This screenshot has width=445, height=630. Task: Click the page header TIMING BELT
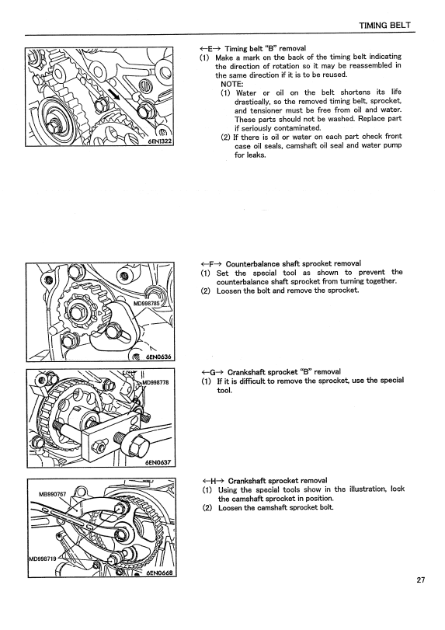pos(384,26)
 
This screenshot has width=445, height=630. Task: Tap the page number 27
pos(420,580)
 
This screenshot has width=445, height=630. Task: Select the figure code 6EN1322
pos(159,141)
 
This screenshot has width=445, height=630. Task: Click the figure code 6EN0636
pos(158,357)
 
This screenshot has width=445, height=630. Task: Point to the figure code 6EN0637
pos(158,462)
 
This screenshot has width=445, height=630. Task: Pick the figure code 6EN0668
pos(159,573)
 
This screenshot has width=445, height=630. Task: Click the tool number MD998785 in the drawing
pos(147,304)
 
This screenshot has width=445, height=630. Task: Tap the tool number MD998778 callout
pos(155,382)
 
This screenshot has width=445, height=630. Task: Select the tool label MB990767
pos(52,494)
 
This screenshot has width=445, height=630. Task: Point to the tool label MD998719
pos(43,558)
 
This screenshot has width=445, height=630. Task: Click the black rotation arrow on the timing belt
pos(114,94)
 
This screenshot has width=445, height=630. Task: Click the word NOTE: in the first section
pos(232,84)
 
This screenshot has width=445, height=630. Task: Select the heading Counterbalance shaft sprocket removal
pos(294,263)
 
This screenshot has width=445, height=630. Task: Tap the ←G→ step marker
pos(213,372)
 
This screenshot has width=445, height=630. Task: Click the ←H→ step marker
pos(214,481)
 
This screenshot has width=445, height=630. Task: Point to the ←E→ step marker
pos(210,49)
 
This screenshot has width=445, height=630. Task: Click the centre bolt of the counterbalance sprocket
pos(76,312)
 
